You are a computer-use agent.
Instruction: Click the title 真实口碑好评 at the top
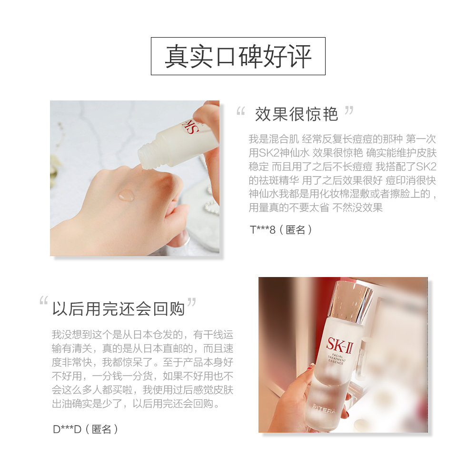click(x=238, y=56)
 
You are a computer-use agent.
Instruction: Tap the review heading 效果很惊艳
click(x=296, y=114)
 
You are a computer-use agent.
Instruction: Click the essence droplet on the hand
click(x=126, y=195)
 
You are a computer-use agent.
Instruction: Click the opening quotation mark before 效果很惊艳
click(x=240, y=112)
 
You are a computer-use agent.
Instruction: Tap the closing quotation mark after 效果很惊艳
click(x=349, y=110)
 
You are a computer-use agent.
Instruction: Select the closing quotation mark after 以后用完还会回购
click(x=192, y=302)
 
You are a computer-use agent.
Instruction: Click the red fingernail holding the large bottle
click(x=310, y=367)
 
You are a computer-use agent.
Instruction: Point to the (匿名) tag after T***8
click(x=296, y=229)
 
